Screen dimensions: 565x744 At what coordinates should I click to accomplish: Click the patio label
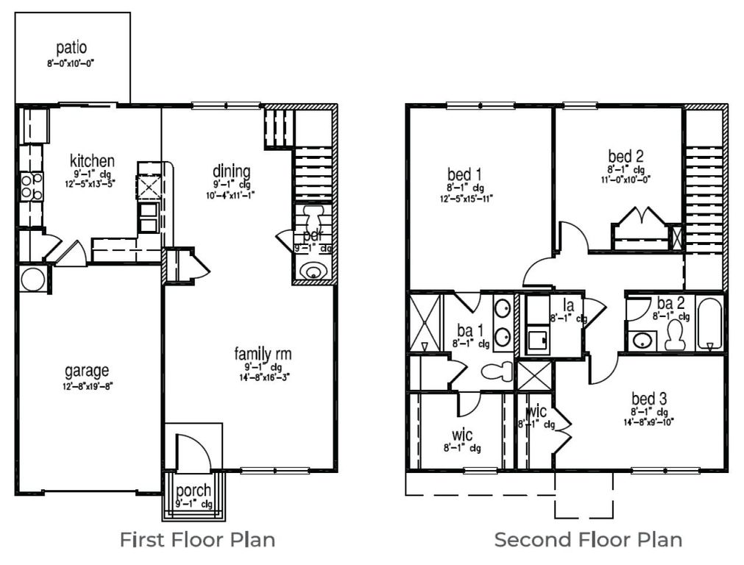point(71,48)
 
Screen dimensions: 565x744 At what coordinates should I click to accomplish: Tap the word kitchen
point(92,160)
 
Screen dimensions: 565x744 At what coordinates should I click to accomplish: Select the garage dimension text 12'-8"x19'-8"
point(87,385)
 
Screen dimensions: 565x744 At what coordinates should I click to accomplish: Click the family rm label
point(263,354)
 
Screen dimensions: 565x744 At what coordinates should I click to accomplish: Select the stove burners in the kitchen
point(31,185)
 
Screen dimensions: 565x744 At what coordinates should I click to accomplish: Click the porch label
point(194,491)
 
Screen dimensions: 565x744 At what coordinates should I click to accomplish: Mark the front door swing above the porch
point(193,453)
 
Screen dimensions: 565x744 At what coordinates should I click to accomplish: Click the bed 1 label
point(464,174)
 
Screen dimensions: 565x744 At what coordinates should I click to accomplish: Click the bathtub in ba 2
point(709,324)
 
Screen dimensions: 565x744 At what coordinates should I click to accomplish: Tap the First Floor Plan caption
point(197,539)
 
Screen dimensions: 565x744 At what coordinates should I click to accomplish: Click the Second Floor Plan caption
point(587,539)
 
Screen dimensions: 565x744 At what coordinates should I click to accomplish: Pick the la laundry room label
point(568,305)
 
